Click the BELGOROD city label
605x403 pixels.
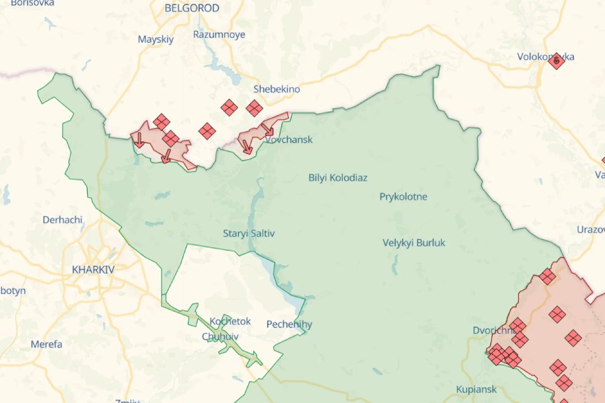coord(192,8)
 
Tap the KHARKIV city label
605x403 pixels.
coord(93,269)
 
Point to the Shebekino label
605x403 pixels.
coord(277,89)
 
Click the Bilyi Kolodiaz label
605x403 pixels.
coord(338,178)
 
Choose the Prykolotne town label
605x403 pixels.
coord(403,196)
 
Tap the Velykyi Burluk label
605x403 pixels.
coord(413,242)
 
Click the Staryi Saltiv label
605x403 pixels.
coord(249,234)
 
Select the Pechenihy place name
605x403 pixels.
coord(289,324)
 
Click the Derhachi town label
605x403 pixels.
coord(62,220)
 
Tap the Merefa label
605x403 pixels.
coord(47,344)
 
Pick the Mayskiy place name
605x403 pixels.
coord(156,39)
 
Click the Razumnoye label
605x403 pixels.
coord(219,35)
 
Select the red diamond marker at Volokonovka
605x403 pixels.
coord(556,61)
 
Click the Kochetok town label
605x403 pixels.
coord(230,321)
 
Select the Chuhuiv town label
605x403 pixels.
coord(220,336)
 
